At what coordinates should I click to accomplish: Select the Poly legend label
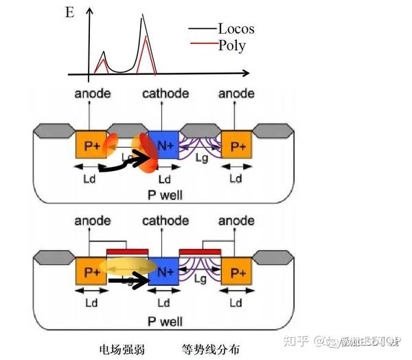(x=231, y=46)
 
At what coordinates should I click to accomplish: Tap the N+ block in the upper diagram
(x=163, y=146)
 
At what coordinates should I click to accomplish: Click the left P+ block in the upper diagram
(x=89, y=146)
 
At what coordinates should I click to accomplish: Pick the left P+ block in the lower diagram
(x=89, y=273)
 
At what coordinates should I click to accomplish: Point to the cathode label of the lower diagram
(x=165, y=221)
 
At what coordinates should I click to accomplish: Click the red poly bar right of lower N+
(x=200, y=251)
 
